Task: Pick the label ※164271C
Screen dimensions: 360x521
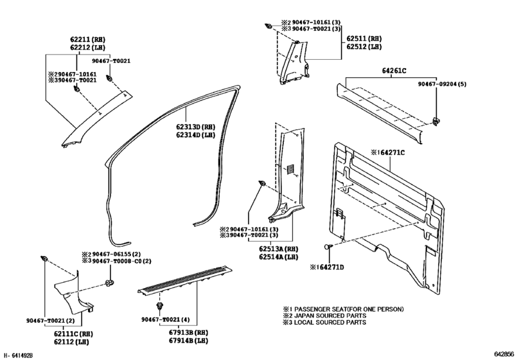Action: (x=393, y=153)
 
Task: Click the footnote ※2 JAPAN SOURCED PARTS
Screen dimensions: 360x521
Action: (x=327, y=315)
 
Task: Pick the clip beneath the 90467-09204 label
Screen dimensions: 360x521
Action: (x=436, y=120)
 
